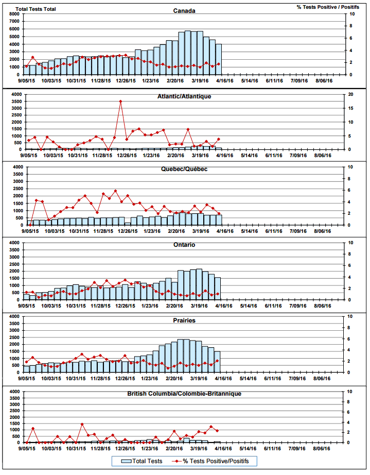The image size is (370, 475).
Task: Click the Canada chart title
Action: [184, 11]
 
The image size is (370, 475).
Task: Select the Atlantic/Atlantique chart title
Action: [184, 96]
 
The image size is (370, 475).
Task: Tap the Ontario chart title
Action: [184, 245]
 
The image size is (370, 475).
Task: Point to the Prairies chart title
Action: [184, 320]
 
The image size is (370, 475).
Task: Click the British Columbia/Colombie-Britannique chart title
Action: [184, 394]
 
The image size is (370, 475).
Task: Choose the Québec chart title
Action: [184, 169]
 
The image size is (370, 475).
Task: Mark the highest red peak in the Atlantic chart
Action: [120, 101]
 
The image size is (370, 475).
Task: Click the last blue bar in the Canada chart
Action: [218, 59]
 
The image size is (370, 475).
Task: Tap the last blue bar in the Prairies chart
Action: [217, 362]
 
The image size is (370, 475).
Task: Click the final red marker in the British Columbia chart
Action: [217, 431]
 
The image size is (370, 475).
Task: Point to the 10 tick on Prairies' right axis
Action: [351, 316]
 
